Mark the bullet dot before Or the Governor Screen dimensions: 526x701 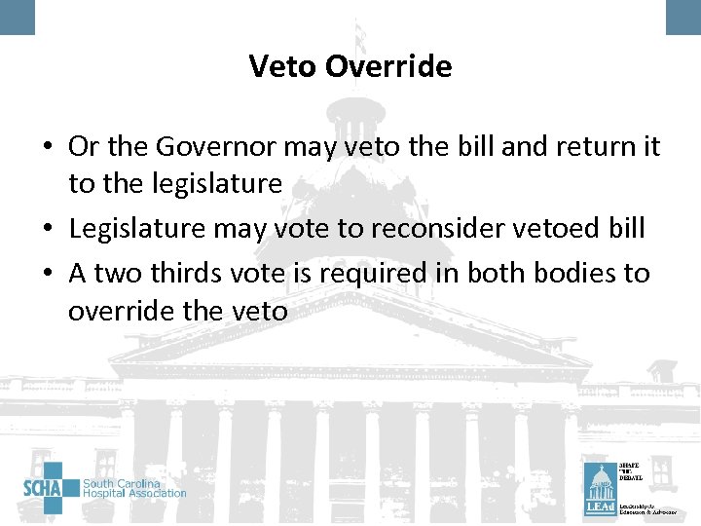click(48, 148)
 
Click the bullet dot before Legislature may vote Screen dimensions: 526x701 click(48, 228)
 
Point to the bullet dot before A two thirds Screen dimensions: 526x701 click(48, 275)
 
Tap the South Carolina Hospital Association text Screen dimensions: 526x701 click(134, 488)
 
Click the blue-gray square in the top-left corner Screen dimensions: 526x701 click(17, 16)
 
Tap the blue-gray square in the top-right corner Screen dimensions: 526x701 click(683, 16)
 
